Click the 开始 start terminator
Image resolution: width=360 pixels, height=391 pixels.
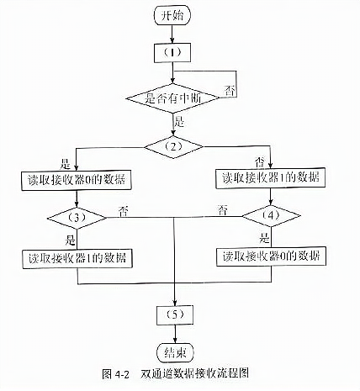(x=172, y=15)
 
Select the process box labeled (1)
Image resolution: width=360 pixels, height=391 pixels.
(x=172, y=53)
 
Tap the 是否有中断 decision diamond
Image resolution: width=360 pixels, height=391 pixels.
(x=172, y=98)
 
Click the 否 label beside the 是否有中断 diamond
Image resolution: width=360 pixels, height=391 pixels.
(x=230, y=92)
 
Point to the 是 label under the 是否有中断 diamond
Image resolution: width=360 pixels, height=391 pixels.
(x=179, y=122)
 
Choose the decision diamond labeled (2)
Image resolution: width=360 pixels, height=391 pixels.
(x=173, y=147)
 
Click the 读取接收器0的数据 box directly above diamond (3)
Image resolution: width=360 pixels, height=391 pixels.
(x=77, y=181)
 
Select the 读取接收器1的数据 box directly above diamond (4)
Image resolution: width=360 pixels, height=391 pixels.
(x=270, y=178)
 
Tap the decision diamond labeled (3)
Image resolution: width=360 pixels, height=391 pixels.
(x=77, y=218)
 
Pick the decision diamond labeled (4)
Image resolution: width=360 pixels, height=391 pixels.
(x=271, y=216)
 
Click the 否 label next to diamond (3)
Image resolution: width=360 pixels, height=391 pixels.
(x=124, y=212)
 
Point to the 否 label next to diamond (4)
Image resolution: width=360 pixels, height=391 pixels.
(x=222, y=210)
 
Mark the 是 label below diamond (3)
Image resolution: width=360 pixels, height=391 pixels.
(x=70, y=240)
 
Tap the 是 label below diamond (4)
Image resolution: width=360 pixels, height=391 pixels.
(x=264, y=238)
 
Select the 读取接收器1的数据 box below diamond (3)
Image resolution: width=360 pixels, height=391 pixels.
(x=77, y=259)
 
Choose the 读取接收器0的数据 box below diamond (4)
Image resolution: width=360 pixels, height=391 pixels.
(x=271, y=256)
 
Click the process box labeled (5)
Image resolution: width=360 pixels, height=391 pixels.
(x=175, y=315)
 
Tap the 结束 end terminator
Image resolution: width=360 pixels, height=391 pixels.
(x=176, y=352)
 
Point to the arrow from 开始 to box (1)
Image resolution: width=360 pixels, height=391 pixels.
(x=172, y=34)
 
